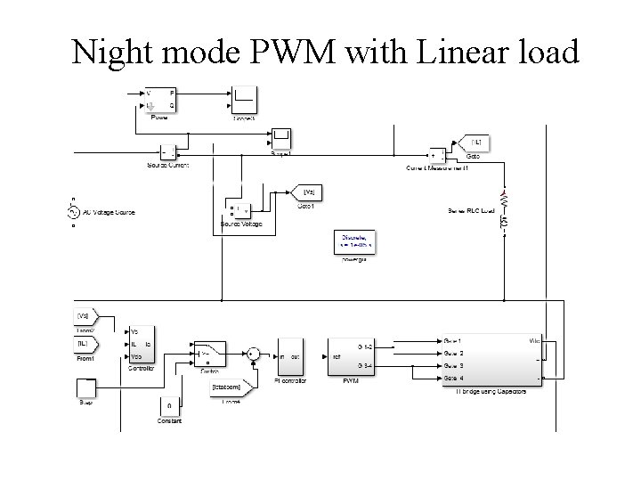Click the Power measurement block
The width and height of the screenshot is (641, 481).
tap(160, 99)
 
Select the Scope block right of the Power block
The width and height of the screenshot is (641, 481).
tap(245, 99)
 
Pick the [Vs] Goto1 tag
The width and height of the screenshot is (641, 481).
tap(307, 192)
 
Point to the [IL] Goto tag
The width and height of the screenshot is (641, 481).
tap(474, 142)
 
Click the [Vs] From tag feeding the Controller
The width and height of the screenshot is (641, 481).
tap(87, 316)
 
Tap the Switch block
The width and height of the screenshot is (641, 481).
tap(209, 354)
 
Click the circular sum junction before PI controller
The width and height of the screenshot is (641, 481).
tap(254, 354)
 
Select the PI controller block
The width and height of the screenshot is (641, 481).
tap(290, 357)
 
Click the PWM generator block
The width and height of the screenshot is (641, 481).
tap(350, 357)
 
